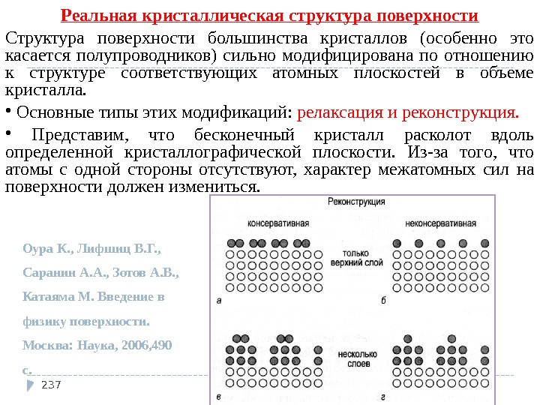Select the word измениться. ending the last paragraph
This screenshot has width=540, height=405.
pyautogui.click(x=224, y=187)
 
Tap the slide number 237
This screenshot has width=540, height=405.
pyautogui.click(x=51, y=385)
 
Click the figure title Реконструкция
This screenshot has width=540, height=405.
pyautogui.click(x=356, y=202)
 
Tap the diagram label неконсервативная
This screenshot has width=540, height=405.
pyautogui.click(x=440, y=223)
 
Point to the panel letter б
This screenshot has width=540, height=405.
pyautogui.click(x=382, y=300)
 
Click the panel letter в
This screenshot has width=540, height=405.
pyautogui.click(x=218, y=395)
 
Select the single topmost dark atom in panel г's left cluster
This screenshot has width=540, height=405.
pyautogui.click(x=407, y=338)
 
